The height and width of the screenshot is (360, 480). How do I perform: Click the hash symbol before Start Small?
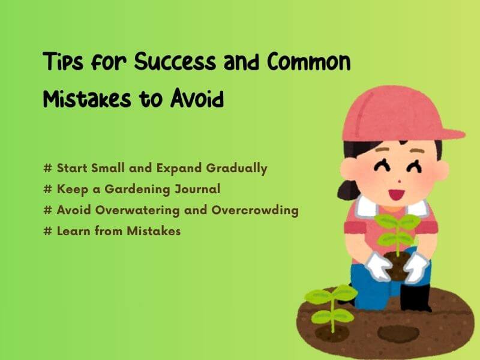pyautogui.click(x=48, y=169)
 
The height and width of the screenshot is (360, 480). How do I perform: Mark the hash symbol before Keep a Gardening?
pyautogui.click(x=48, y=190)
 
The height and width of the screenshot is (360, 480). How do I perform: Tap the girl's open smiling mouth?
pyautogui.click(x=397, y=193)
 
